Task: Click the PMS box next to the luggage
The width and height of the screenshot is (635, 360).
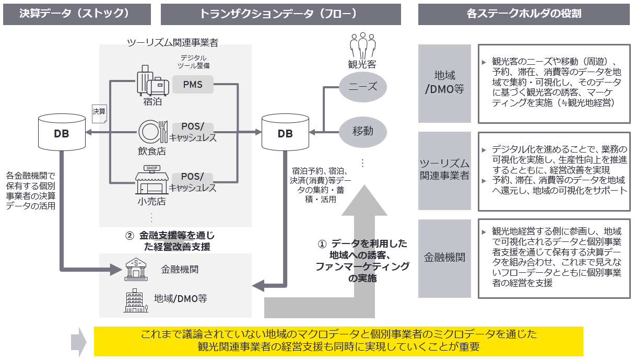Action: click(193, 84)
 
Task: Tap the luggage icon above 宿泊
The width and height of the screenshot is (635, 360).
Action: click(152, 80)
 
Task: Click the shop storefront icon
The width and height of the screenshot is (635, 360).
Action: click(152, 179)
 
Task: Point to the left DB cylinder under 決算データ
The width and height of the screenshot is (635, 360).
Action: click(62, 133)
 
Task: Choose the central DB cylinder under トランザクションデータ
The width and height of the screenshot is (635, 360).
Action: click(285, 133)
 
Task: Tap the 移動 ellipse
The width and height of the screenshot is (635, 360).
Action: click(363, 131)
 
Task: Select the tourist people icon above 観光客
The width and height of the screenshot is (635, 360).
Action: click(362, 45)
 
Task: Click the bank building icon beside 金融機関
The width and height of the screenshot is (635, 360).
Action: click(135, 270)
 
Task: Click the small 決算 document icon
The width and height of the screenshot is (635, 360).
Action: click(99, 112)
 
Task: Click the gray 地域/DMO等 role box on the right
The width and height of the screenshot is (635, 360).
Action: click(444, 84)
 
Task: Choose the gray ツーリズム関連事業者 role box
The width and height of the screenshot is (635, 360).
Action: click(444, 170)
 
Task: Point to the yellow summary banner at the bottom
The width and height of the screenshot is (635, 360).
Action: click(338, 341)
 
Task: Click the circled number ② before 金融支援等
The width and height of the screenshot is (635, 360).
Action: click(130, 236)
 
